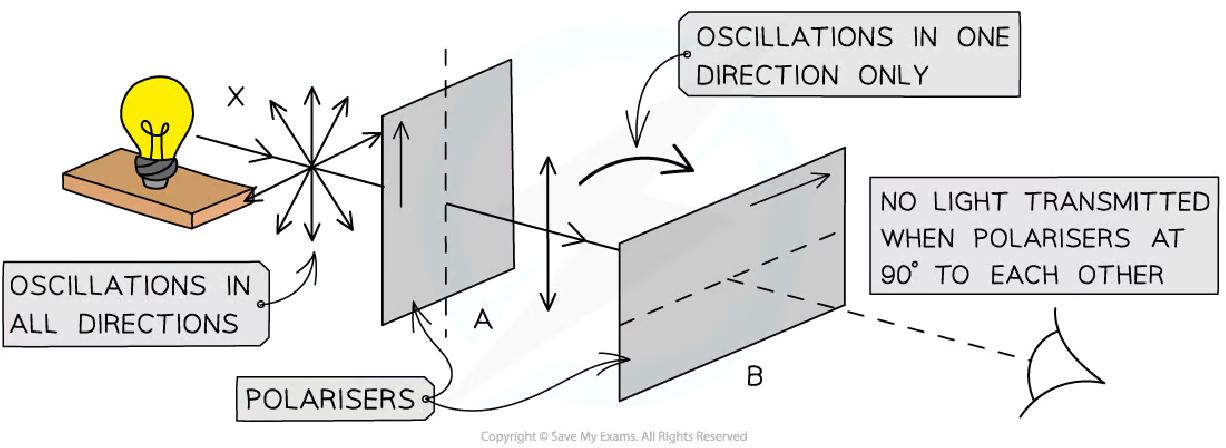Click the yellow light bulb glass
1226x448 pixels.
coord(149,111)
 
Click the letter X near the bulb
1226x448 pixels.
coord(236,97)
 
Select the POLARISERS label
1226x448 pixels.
coord(331,399)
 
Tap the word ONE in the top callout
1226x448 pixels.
coord(975,39)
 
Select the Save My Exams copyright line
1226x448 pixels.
coord(613,436)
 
